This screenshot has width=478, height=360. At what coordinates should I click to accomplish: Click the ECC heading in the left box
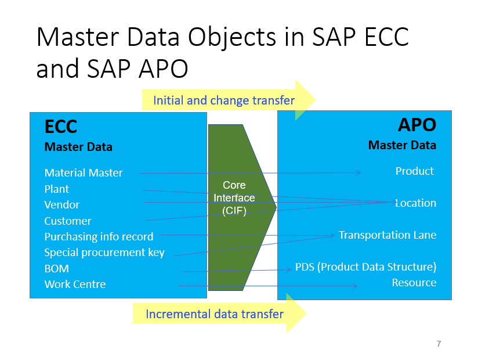61,127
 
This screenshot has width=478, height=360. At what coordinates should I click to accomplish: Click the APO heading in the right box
417,125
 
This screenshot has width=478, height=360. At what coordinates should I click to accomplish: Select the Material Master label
84,172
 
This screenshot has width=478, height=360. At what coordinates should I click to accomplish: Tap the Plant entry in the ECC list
56,189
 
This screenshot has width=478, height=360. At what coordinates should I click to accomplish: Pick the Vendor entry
61,204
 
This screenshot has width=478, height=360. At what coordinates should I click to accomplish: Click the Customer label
67,221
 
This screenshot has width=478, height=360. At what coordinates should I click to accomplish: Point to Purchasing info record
99,236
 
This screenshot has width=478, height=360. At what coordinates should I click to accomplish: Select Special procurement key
104,253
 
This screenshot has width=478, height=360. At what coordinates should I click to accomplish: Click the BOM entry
56,268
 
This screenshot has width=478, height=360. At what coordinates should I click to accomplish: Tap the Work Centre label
75,284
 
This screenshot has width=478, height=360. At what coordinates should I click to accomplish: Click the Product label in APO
414,171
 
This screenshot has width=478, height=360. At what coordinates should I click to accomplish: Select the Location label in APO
415,203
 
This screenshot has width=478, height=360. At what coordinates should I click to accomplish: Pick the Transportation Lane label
388,235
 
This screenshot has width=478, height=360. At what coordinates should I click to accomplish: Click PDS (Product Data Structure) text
365,267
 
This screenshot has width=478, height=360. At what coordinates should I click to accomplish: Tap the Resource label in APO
414,282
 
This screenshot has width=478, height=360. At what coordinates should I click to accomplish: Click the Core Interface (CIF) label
234,198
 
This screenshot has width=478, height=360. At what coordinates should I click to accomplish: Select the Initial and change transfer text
223,100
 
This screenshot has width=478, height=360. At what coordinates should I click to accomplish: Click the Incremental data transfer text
214,314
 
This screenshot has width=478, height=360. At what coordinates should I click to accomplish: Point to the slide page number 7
439,344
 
